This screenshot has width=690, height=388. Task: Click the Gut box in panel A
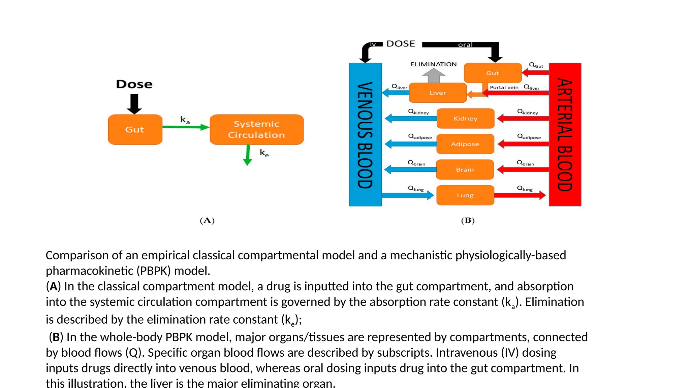pos(135,130)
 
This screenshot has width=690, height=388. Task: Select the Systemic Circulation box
pos(256,130)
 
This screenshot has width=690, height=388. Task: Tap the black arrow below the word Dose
pos(134,104)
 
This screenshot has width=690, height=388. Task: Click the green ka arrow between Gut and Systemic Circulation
pos(185,127)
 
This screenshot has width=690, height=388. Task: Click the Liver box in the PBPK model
pos(437,93)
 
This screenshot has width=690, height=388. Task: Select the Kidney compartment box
pos(465,119)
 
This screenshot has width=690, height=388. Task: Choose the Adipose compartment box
pos(465,144)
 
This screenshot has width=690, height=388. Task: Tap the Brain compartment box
pos(465,170)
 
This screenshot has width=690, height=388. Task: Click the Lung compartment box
pos(465,195)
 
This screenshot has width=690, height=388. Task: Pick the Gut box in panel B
pos(492,73)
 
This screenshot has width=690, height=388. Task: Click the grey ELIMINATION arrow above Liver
pos(434,76)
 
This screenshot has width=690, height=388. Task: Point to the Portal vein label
pos(504,87)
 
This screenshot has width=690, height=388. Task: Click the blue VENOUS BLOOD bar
pos(365,135)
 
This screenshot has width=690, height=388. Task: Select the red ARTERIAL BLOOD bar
pos(565,135)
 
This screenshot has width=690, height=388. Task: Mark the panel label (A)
pos(207,221)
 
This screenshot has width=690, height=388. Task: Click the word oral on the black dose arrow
pos(465,45)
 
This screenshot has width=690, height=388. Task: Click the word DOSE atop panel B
pos(401,44)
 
